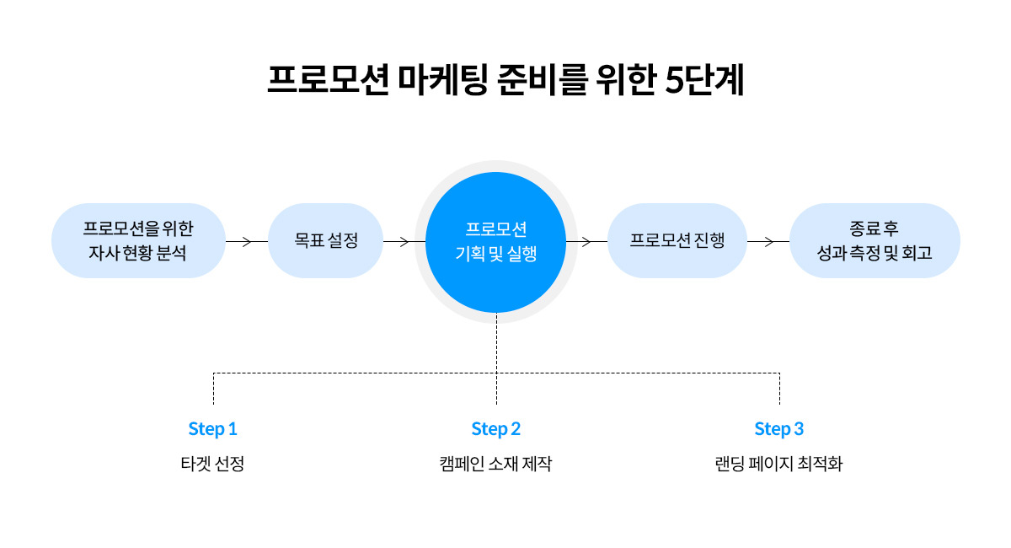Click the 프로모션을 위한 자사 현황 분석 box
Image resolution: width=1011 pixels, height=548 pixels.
tap(138, 240)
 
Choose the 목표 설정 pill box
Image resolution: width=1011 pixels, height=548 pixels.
tap(326, 240)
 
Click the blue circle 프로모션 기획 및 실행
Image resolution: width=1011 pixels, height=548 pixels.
tap(495, 241)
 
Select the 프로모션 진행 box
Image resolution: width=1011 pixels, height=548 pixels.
tap(677, 240)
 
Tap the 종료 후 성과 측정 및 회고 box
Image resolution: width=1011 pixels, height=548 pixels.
tap(875, 240)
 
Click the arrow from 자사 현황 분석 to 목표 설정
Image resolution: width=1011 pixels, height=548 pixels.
tap(246, 241)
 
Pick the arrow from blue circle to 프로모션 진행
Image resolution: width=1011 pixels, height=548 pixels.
tap(586, 241)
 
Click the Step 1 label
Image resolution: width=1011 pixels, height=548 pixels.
tap(212, 429)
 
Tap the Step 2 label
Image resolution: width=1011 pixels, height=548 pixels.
tap(495, 429)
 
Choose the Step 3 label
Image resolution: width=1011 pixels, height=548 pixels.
tap(778, 429)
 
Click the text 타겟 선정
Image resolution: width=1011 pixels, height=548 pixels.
tap(212, 465)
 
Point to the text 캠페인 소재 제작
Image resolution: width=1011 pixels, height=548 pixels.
tap(495, 465)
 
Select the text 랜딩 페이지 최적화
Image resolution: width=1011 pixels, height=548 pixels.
tap(778, 465)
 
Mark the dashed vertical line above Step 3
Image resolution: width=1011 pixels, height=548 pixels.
tap(779, 389)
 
